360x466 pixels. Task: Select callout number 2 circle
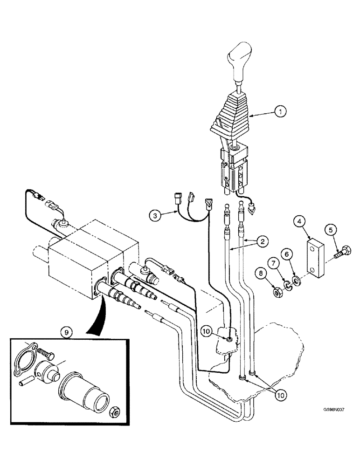[x=263, y=241]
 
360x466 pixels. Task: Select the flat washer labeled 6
[x=295, y=280]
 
